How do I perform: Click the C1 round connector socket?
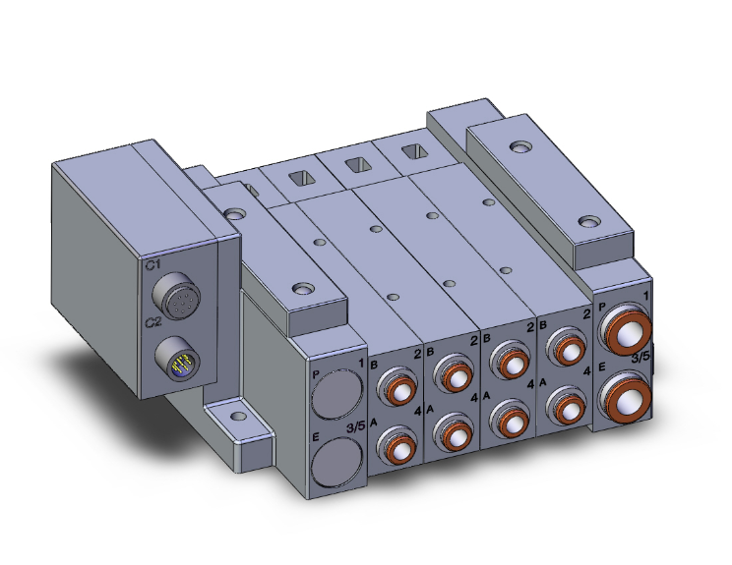[x=178, y=301]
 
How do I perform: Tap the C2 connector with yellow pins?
[x=179, y=360]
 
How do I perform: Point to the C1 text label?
[x=152, y=265]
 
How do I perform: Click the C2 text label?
[x=152, y=322]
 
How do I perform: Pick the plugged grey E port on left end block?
[x=335, y=461]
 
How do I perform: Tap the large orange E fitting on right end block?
[x=625, y=397]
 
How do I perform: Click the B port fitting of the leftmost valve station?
[x=397, y=384]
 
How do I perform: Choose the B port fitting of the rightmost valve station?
[x=566, y=347]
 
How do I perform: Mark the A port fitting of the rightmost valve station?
[x=564, y=401]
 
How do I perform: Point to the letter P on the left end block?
[x=315, y=374]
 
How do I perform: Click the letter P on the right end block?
[x=601, y=307]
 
